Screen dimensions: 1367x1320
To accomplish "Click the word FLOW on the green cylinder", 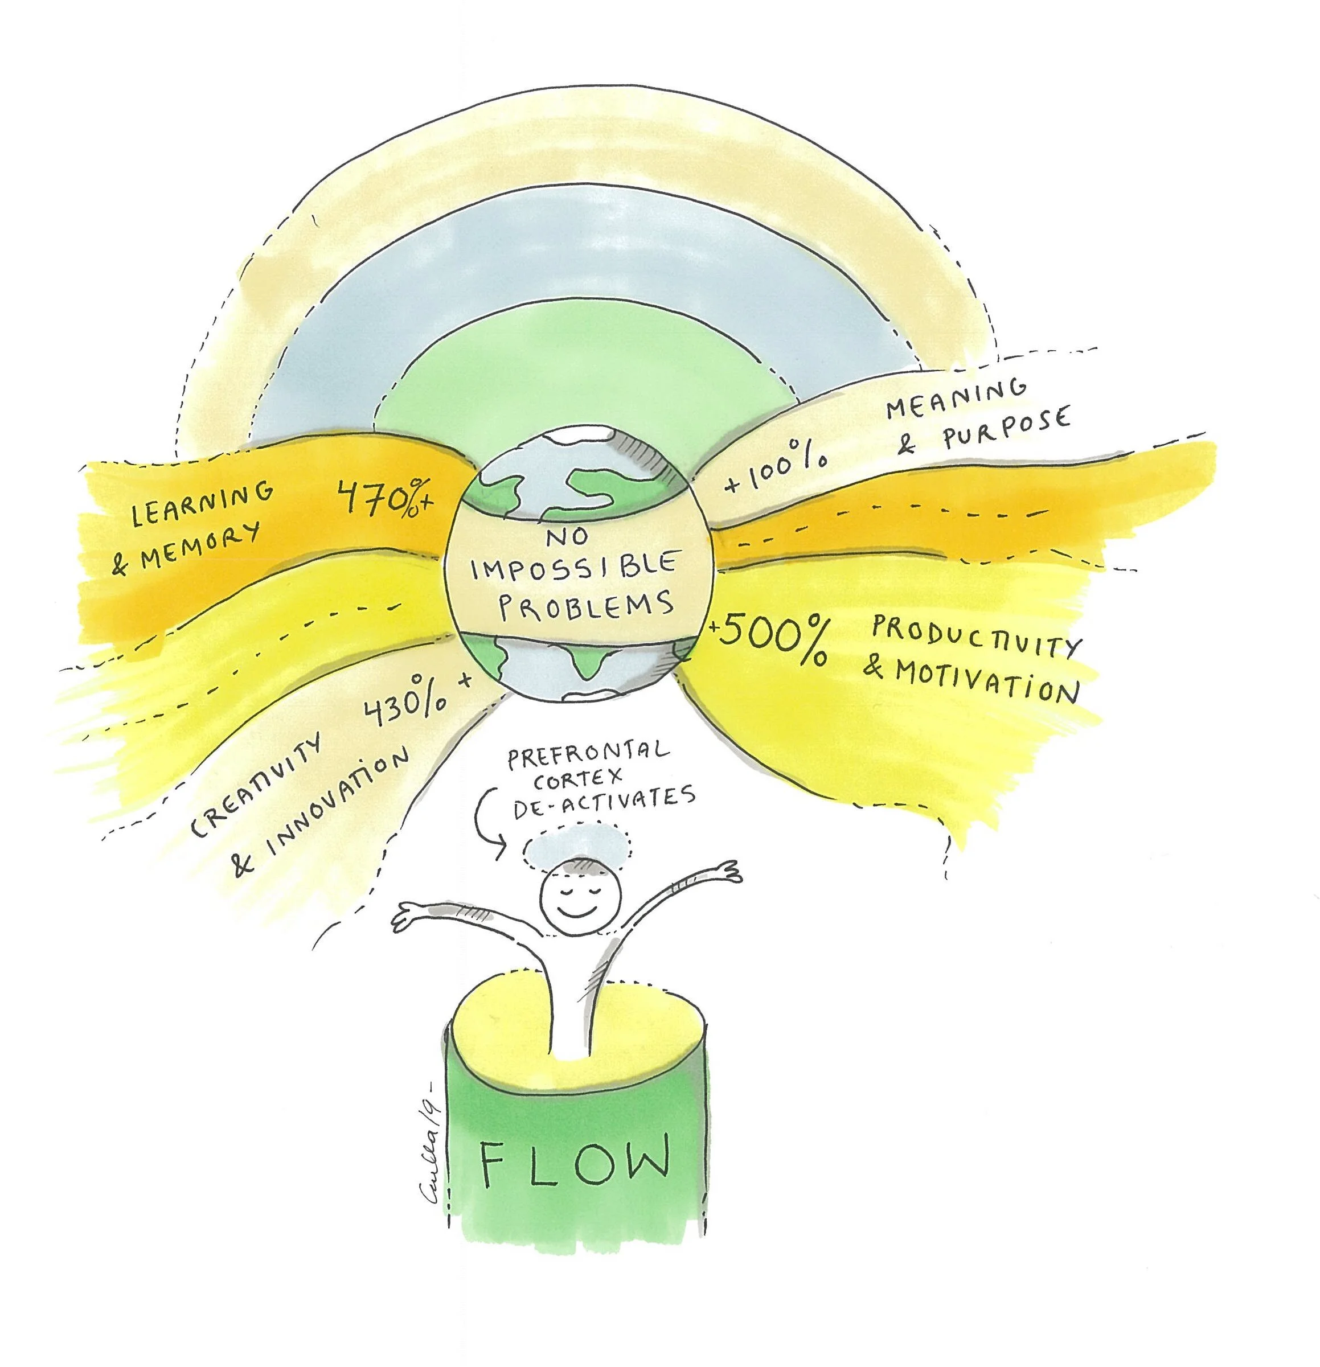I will [576, 1160].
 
